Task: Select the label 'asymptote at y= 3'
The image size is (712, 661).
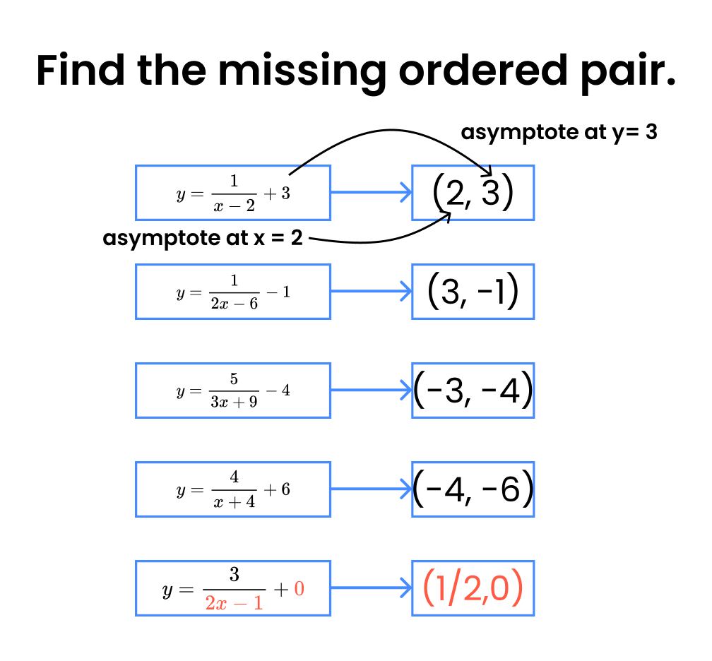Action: pos(559,132)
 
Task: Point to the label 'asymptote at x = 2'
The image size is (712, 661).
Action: pos(203,239)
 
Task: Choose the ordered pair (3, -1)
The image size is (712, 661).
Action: pos(473,291)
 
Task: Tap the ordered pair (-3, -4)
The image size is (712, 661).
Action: pos(473,391)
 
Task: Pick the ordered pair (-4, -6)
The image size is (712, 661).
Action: pos(473,489)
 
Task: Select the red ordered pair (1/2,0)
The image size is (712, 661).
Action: pos(473,588)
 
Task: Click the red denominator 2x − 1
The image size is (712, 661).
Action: pos(234,603)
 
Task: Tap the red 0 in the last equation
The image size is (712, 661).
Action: pos(299,588)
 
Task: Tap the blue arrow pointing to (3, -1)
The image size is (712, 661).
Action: pos(371,291)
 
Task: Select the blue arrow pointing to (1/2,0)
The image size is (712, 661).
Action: pos(371,588)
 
